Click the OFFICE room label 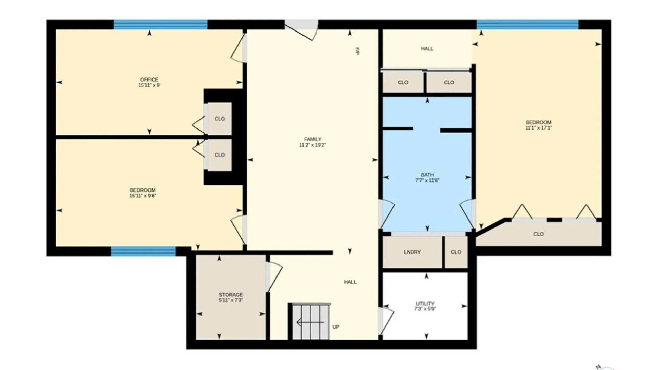pyautogui.click(x=149, y=79)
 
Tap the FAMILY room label pyautogui.click(x=312, y=139)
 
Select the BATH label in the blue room pyautogui.click(x=427, y=175)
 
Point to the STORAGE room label pyautogui.click(x=231, y=295)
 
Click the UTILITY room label pyautogui.click(x=425, y=304)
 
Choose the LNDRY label pyautogui.click(x=412, y=252)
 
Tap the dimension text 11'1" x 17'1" pyautogui.click(x=539, y=128)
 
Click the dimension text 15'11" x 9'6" pyautogui.click(x=143, y=196)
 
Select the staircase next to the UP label pyautogui.click(x=310, y=321)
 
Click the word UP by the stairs pyautogui.click(x=336, y=327)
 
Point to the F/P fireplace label pyautogui.click(x=357, y=51)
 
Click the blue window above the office pyautogui.click(x=160, y=25)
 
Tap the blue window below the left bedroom pyautogui.click(x=143, y=251)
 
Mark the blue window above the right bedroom pyautogui.click(x=527, y=25)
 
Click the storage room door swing pyautogui.click(x=274, y=277)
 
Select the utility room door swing pyautogui.click(x=386, y=321)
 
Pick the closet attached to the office pyautogui.click(x=220, y=119)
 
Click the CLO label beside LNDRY pyautogui.click(x=456, y=252)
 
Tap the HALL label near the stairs pyautogui.click(x=350, y=282)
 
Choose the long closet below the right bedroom pyautogui.click(x=539, y=234)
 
